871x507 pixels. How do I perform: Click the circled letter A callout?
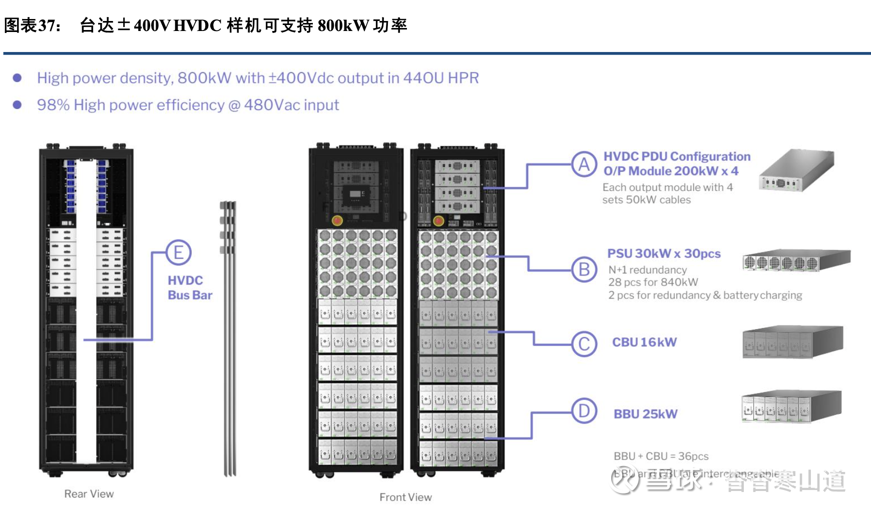[x=584, y=164]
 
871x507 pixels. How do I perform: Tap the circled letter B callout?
[x=584, y=269]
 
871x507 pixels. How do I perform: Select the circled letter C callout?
[x=584, y=344]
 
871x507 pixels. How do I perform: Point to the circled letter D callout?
[x=584, y=411]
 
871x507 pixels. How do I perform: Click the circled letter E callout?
[x=178, y=252]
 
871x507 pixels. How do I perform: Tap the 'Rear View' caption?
[x=89, y=494]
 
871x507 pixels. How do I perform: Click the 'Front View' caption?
[x=405, y=497]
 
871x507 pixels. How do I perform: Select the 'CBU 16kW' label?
[x=644, y=342]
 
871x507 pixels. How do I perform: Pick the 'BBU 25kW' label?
[x=646, y=414]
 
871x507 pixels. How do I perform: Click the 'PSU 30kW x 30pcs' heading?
[x=664, y=254]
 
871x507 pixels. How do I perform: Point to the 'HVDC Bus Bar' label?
[x=190, y=287]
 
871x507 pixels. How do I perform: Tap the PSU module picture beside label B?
[x=796, y=260]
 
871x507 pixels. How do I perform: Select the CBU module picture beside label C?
[x=792, y=342]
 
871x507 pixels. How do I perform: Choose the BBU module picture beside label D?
[x=791, y=407]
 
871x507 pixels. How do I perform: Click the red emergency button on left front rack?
[x=337, y=220]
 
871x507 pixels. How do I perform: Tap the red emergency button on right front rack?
[x=439, y=220]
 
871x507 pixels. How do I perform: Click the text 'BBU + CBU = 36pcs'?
[x=661, y=456]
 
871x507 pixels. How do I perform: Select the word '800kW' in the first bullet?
[x=204, y=78]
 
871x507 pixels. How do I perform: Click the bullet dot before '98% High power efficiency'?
[x=18, y=105]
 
